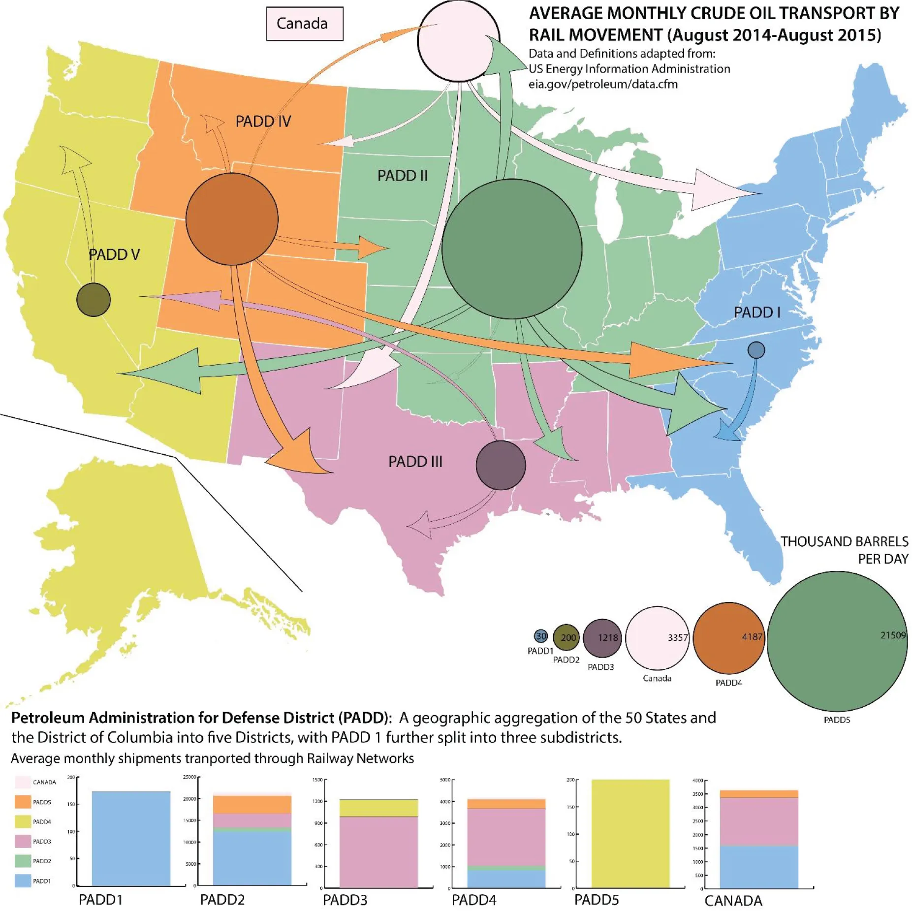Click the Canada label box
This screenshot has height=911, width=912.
(304, 24)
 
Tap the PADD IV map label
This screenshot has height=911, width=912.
(263, 121)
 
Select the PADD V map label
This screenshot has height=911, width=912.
(114, 254)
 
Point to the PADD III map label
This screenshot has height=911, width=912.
(415, 462)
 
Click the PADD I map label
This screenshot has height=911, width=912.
(756, 312)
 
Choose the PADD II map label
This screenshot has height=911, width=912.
(402, 176)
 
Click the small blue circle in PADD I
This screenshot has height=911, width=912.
(756, 350)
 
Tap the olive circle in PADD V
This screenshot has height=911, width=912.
(94, 300)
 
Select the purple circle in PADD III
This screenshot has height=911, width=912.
(501, 465)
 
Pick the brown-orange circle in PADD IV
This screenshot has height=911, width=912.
(232, 219)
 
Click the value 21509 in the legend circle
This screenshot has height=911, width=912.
(892, 635)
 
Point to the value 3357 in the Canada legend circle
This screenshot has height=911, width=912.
(677, 637)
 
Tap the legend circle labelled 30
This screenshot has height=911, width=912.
(540, 636)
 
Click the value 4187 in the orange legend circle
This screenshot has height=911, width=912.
(752, 637)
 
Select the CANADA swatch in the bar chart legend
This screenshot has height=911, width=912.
(23, 782)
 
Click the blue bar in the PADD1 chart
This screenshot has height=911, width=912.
(131, 839)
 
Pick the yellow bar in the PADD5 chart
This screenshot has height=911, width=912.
(630, 833)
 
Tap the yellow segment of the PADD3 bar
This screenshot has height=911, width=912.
(378, 808)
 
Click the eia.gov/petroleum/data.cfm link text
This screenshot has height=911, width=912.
(603, 84)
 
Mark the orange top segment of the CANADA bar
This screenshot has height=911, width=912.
(758, 794)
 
